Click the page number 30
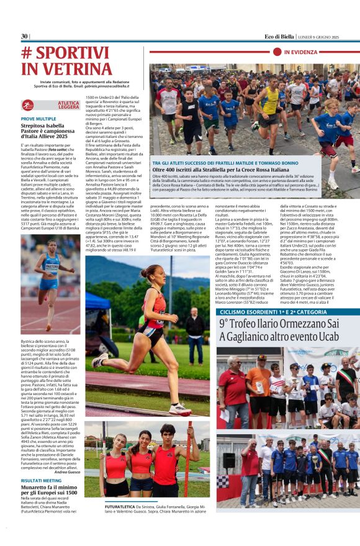tap(25, 37)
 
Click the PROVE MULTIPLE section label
tap(38, 118)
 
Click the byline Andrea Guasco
tap(67, 472)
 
